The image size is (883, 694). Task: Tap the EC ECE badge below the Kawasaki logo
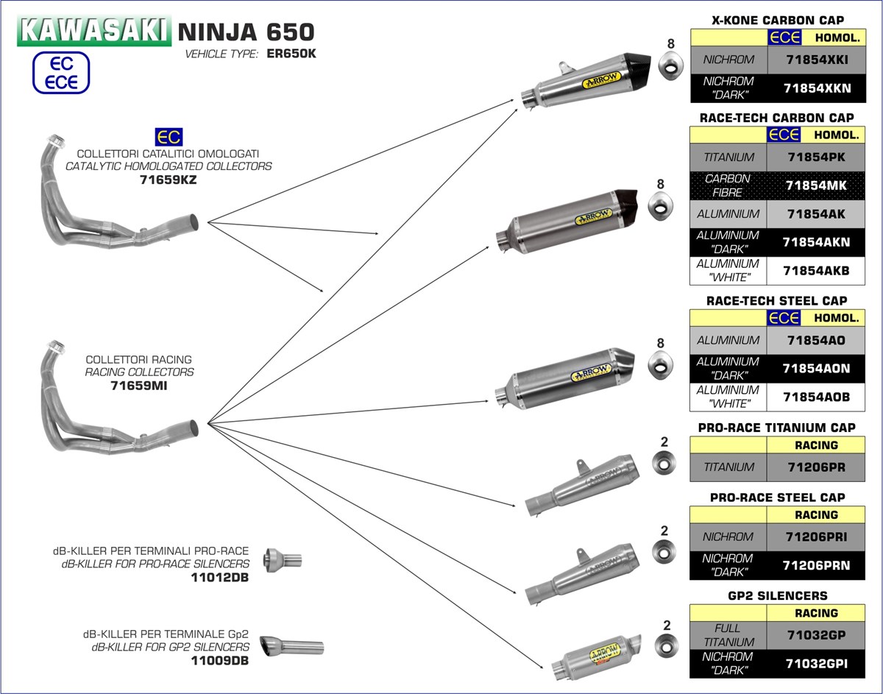coord(61,73)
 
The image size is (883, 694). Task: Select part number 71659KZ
coord(168,179)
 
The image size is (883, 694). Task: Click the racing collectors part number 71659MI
coord(139,385)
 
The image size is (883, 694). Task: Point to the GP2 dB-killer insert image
coord(294,647)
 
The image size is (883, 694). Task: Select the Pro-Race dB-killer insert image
coord(283,560)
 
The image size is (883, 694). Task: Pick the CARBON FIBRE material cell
coord(727,185)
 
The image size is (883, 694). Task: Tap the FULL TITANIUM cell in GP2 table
coord(728,635)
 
